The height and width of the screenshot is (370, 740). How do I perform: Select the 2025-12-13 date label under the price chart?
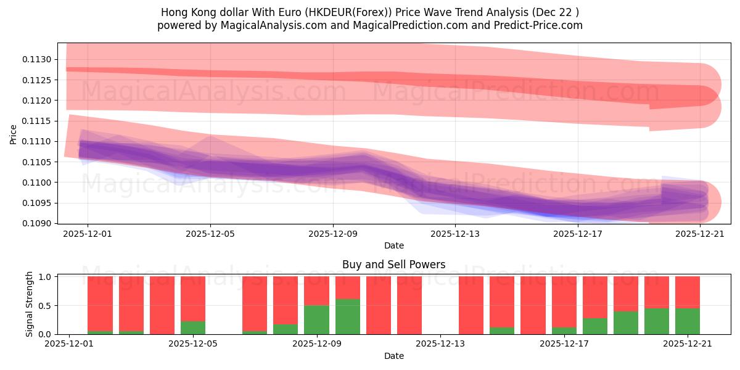point(455,234)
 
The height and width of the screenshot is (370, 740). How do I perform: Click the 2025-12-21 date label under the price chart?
point(700,234)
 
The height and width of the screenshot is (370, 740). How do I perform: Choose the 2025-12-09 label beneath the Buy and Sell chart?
point(317,344)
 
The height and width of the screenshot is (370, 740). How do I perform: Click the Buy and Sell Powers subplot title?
point(393,265)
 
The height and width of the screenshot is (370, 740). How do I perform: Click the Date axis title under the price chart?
point(393,245)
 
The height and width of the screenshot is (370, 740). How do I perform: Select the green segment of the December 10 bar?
point(348,316)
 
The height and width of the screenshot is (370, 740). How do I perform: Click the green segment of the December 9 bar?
point(316,319)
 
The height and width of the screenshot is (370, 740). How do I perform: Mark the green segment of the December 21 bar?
point(688,321)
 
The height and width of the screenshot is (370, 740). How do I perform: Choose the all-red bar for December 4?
point(162,305)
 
